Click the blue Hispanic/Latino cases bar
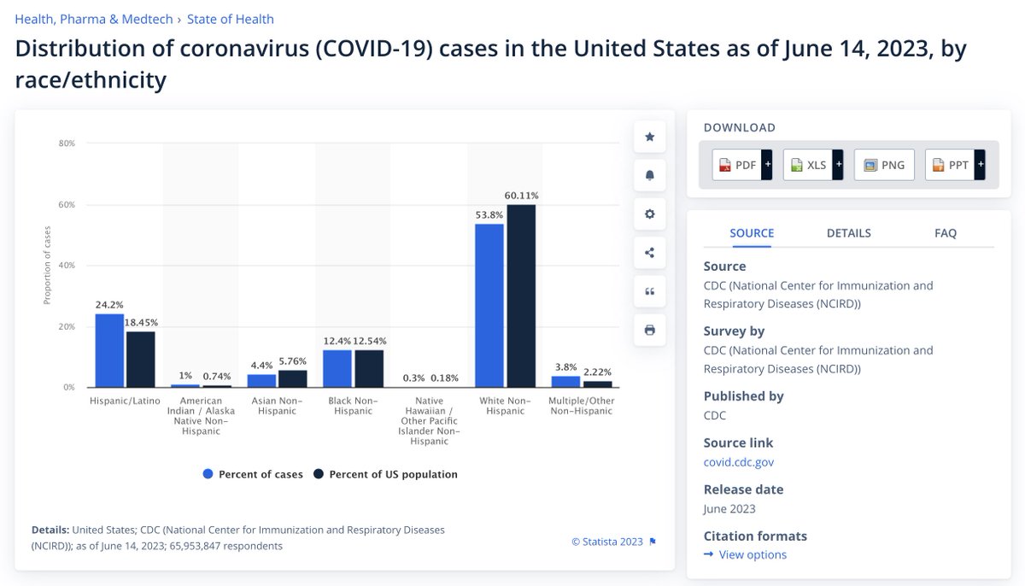109,350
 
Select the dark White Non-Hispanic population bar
521,296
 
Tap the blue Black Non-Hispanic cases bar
337,368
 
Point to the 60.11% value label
521,196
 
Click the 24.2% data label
109,305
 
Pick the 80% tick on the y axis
67,144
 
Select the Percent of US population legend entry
386,474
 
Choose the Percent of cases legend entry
253,474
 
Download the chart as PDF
737,165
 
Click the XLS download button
808,165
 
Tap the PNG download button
885,165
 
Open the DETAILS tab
848,233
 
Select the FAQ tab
946,233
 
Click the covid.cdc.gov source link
739,462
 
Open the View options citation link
752,555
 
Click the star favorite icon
649,137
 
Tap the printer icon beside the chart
649,330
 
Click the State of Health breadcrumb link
231,19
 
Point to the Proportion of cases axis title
47,266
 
